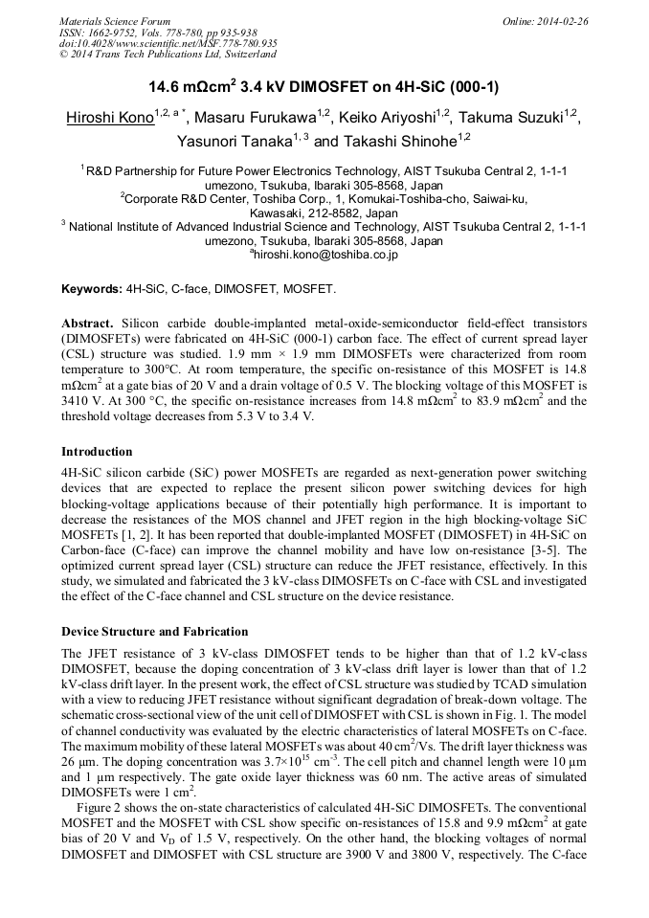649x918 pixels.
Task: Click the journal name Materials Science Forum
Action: [x=115, y=20]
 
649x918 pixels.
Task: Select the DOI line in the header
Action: [x=168, y=43]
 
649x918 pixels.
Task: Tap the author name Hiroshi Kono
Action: [x=109, y=119]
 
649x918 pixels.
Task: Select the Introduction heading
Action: [x=98, y=451]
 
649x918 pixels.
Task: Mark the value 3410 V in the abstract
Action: [x=82, y=389]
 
